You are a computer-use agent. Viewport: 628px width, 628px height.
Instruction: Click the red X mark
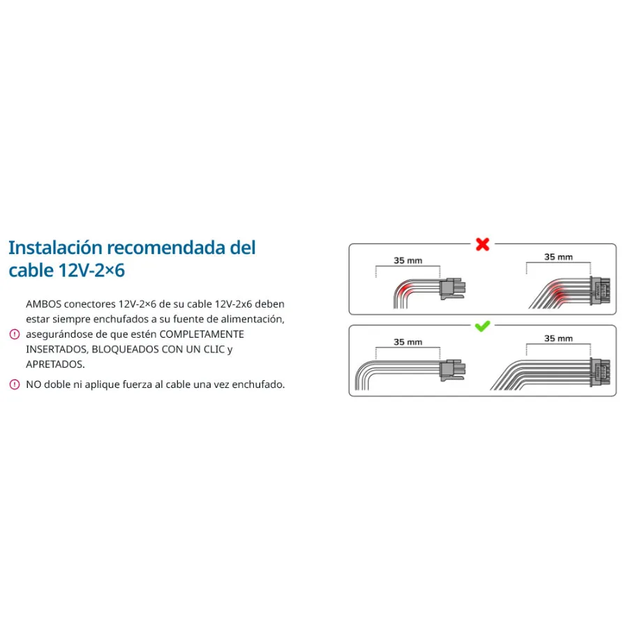tap(483, 244)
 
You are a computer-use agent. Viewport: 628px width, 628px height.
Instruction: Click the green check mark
tap(482, 327)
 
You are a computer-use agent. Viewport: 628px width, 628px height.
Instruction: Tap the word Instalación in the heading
tap(56, 248)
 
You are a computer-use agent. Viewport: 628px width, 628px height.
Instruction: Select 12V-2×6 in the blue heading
tap(91, 270)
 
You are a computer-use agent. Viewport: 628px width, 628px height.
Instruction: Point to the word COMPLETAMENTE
tap(202, 334)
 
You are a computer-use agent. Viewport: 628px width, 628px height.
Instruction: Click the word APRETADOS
tap(55, 364)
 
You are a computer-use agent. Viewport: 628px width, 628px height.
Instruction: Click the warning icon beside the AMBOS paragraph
tap(15, 334)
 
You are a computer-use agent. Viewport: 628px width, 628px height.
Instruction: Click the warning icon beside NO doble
tap(15, 384)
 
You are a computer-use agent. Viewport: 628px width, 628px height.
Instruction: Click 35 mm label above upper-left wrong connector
tap(408, 260)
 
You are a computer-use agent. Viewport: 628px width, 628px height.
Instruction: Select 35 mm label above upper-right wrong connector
tap(558, 257)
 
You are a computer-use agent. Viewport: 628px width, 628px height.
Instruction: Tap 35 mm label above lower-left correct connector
tap(408, 342)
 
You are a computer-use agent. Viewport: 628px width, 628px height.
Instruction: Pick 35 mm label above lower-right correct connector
tap(558, 338)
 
